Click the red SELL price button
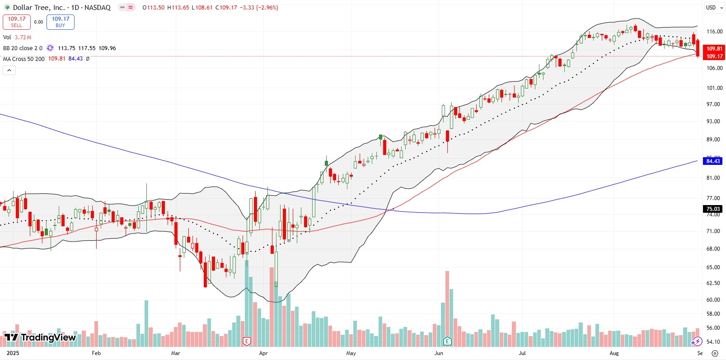17,22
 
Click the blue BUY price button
61,22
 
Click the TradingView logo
40,337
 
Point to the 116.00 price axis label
714,32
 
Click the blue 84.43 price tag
713,161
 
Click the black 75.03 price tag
713,209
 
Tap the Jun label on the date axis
439,353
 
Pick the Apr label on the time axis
263,353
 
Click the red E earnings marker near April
247,341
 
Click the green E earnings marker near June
447,341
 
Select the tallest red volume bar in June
447,309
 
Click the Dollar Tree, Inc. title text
39,8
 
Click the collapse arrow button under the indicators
9,70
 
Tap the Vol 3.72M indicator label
17,37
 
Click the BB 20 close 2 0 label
23,48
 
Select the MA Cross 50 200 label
24,59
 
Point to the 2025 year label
13,353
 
